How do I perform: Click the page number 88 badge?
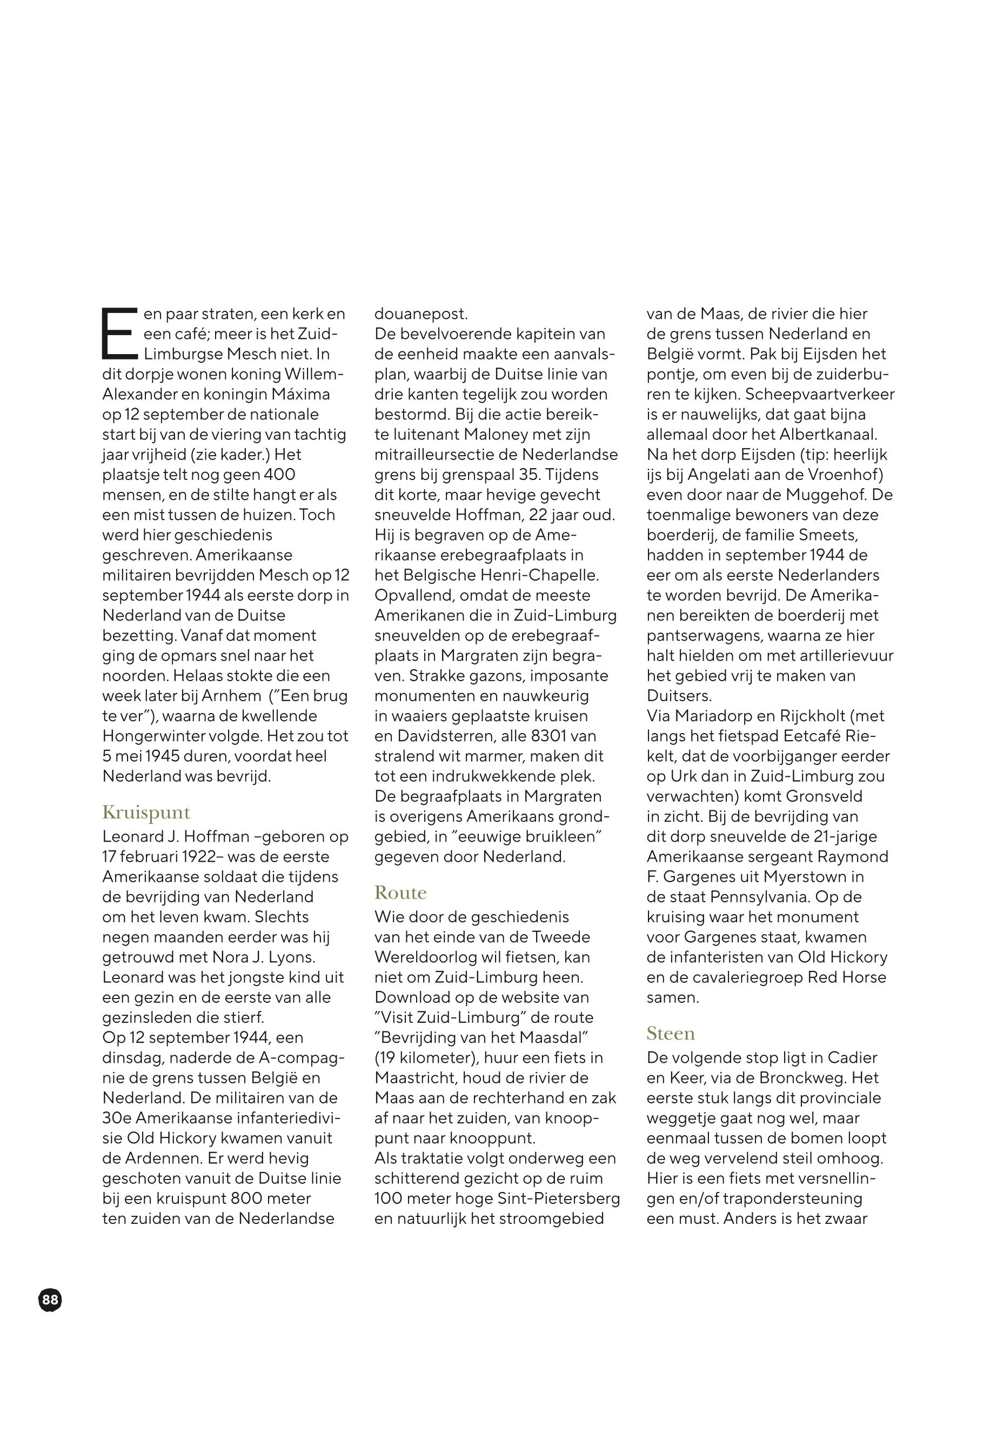(50, 1301)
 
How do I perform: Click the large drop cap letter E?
(119, 333)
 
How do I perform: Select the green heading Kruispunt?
(146, 813)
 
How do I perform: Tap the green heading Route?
(400, 893)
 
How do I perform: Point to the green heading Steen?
(670, 1034)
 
